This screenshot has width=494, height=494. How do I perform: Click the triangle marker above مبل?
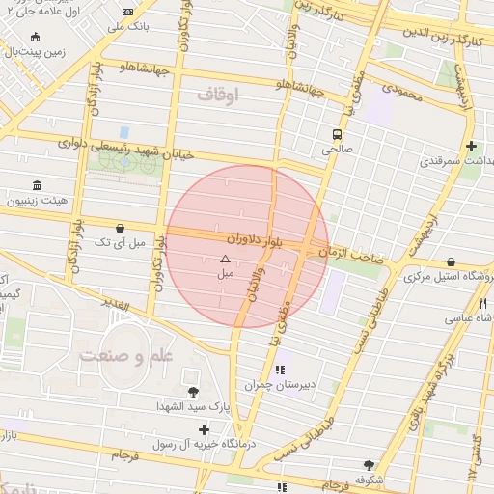click(x=225, y=259)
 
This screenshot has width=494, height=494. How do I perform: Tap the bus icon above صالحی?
click(x=337, y=134)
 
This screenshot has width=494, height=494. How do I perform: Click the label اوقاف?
click(x=217, y=95)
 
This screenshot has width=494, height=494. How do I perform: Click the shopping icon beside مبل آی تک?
click(x=119, y=229)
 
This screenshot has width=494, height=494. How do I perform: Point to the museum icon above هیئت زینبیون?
click(x=37, y=185)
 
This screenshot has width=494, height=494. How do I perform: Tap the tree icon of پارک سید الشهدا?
click(x=193, y=391)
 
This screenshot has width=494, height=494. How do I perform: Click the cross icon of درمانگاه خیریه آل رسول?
click(x=203, y=429)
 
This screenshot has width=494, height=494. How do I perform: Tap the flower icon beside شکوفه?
click(x=368, y=464)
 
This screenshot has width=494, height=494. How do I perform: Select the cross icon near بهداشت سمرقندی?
click(x=471, y=147)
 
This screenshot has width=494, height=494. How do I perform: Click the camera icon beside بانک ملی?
click(x=129, y=12)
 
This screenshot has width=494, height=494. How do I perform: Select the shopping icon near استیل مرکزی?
click(x=452, y=261)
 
